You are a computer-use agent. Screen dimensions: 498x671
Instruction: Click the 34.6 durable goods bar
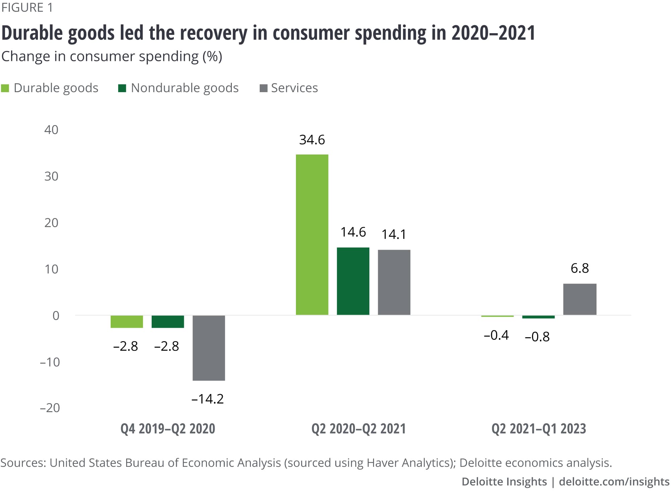pyautogui.click(x=312, y=235)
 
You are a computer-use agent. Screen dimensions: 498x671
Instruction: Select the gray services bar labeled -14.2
pyautogui.click(x=209, y=348)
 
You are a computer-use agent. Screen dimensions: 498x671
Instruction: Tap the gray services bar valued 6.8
pyautogui.click(x=580, y=299)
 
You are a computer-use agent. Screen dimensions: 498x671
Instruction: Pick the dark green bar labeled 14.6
pyautogui.click(x=353, y=281)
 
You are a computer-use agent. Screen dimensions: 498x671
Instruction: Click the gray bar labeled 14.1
pyautogui.click(x=394, y=282)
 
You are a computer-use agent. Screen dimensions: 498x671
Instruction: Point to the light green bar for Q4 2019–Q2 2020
pyautogui.click(x=127, y=322)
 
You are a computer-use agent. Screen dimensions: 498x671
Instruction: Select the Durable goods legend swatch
pyautogui.click(x=5, y=88)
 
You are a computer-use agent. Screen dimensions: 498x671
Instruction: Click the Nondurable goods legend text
pyautogui.click(x=185, y=88)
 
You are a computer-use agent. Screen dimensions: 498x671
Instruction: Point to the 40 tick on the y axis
pyautogui.click(x=51, y=130)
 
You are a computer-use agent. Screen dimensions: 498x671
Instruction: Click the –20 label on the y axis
pyautogui.click(x=50, y=408)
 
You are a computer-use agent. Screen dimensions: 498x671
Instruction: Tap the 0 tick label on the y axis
pyautogui.click(x=56, y=316)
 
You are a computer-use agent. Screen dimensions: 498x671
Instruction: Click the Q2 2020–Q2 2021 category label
pyautogui.click(x=358, y=429)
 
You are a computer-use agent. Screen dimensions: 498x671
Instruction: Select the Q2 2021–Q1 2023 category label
pyautogui.click(x=538, y=429)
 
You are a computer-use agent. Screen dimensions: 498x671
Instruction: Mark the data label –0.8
pyautogui.click(x=537, y=337)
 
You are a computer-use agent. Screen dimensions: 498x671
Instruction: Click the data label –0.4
pyautogui.click(x=496, y=335)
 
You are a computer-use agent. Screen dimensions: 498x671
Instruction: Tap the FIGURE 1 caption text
pyautogui.click(x=27, y=7)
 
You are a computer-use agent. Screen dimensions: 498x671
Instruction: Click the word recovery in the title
pyautogui.click(x=213, y=33)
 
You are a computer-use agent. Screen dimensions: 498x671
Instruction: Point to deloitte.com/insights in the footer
pyautogui.click(x=614, y=482)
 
